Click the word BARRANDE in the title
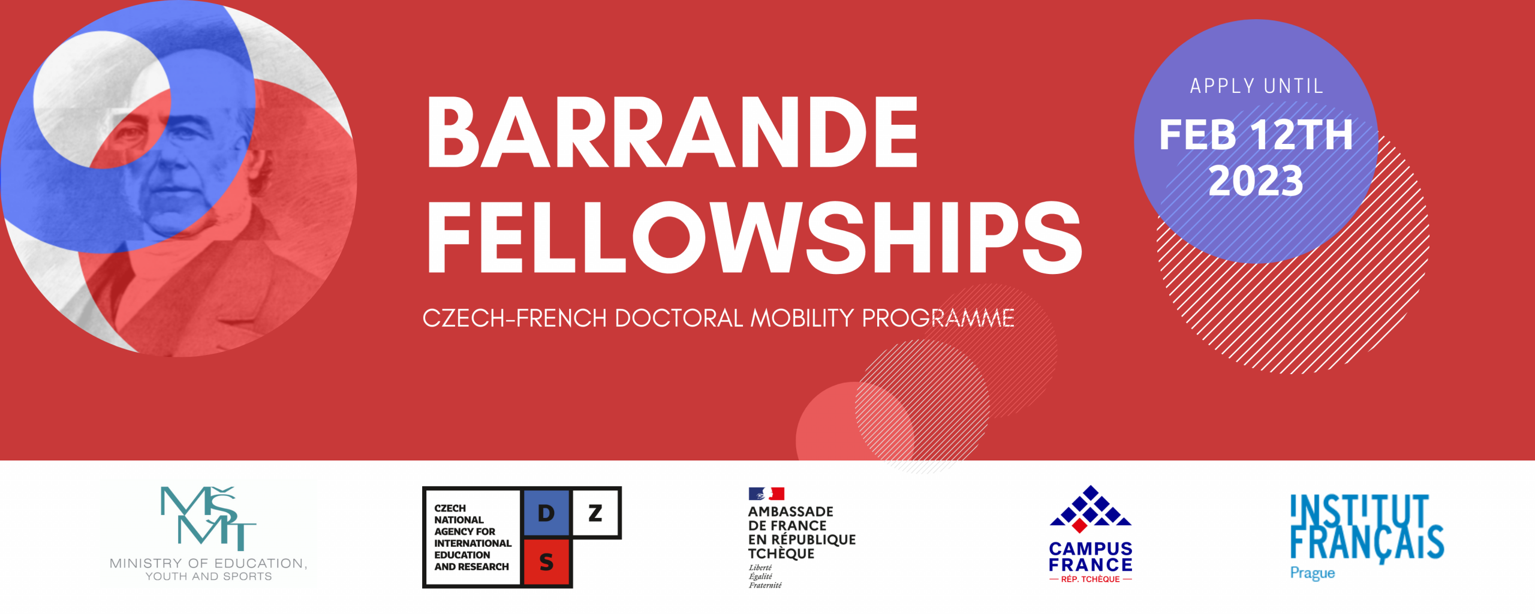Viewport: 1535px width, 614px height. coord(672,132)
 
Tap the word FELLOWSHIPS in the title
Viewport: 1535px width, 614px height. coord(754,237)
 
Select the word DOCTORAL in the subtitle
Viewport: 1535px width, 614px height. coord(679,318)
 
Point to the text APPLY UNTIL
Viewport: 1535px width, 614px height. coord(1256,86)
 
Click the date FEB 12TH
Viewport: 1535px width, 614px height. coord(1256,134)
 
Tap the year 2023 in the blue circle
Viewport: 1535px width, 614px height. coord(1256,180)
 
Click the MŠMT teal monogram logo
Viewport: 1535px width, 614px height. coord(207,518)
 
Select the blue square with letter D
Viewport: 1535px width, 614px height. coord(546,513)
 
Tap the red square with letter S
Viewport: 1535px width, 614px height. coord(546,562)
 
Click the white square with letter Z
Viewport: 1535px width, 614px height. coord(595,513)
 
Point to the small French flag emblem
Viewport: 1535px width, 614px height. coord(766,493)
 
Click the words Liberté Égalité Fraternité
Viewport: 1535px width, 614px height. coord(765,576)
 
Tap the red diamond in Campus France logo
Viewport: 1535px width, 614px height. coord(1079,526)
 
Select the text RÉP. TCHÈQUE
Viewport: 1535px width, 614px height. coord(1090,579)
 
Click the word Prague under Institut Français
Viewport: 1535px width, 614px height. coord(1312,573)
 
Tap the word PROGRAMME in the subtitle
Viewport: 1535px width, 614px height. coord(938,318)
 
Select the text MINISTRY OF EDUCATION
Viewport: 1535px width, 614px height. coord(209,563)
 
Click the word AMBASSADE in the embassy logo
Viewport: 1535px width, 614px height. coord(790,511)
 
